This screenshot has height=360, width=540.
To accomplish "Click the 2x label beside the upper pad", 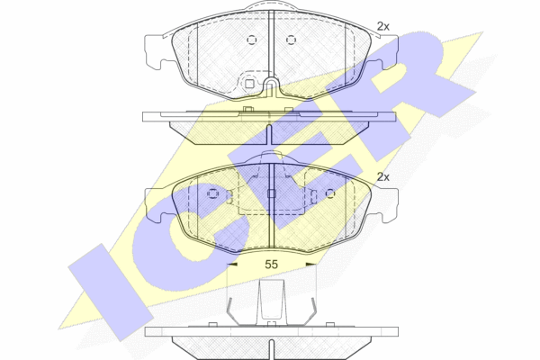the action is click(x=383, y=26).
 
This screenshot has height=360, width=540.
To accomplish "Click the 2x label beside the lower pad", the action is click(x=383, y=177).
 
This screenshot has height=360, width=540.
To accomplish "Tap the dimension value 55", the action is click(x=272, y=265).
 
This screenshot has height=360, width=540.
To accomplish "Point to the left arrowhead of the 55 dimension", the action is click(x=232, y=265).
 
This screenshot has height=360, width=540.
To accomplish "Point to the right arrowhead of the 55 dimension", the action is click(x=311, y=265).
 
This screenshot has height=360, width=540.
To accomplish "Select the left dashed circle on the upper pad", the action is click(x=252, y=40).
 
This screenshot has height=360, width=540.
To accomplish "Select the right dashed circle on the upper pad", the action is click(x=291, y=40).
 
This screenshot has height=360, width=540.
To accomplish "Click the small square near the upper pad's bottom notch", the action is click(x=249, y=84).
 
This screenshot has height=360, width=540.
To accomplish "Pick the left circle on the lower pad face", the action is click(x=212, y=194).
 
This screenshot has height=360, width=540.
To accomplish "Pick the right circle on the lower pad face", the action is click(x=330, y=194).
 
